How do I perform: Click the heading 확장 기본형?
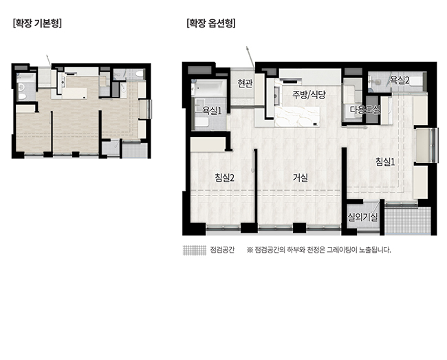point(37,23)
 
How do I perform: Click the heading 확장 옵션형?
point(211,23)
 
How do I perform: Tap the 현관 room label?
point(245,83)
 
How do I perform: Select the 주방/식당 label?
point(309,95)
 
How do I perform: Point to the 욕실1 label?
point(212,111)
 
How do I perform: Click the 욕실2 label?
point(400,80)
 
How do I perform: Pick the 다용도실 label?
point(365,109)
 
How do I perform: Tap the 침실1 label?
point(385,162)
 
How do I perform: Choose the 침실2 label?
point(225,178)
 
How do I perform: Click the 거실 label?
point(301,178)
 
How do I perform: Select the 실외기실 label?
point(362,218)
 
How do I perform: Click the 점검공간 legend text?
point(222,250)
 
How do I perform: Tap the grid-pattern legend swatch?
point(194,250)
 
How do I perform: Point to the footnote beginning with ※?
point(318,250)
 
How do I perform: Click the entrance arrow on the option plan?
point(250,57)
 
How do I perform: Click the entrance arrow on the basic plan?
point(49,61)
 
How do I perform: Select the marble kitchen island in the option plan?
point(297,116)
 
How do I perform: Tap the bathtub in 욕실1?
point(209,88)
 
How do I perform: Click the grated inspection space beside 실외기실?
point(407,221)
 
